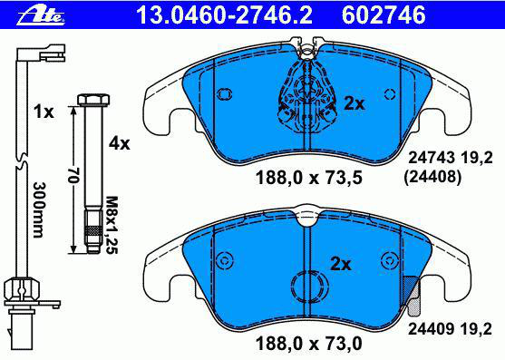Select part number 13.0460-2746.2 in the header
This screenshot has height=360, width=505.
[224, 15]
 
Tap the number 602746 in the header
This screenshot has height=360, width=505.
[384, 15]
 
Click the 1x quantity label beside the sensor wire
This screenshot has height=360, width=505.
[44, 112]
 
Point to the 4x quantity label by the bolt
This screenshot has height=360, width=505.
[119, 143]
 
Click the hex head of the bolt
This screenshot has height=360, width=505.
[93, 100]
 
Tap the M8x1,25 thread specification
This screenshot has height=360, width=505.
[112, 225]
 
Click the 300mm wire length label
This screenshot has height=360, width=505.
[38, 210]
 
